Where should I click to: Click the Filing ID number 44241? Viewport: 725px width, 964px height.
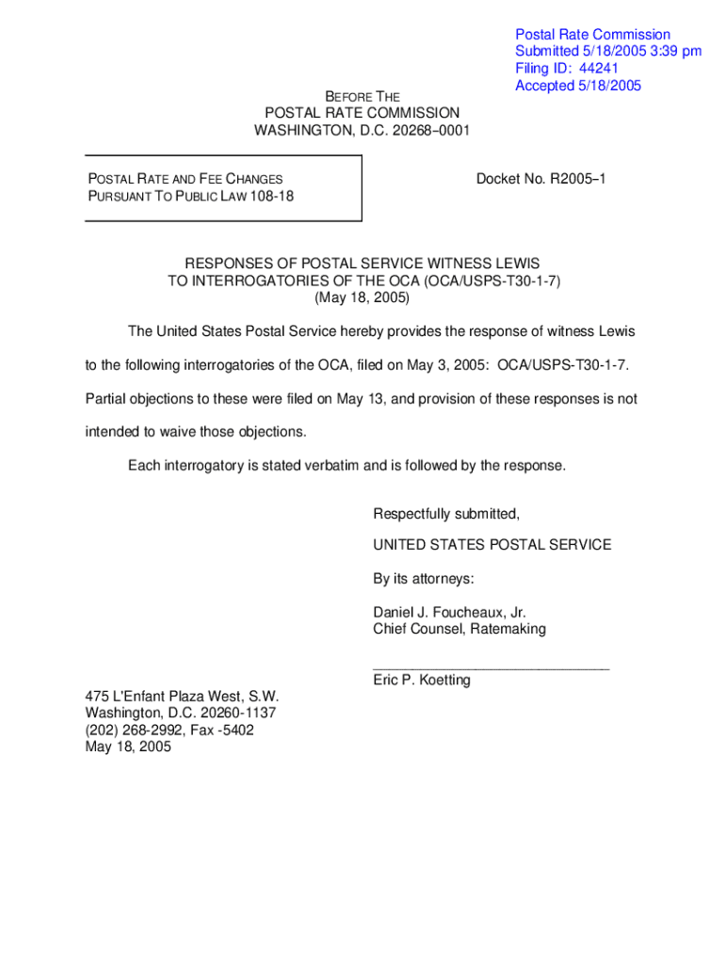pos(599,69)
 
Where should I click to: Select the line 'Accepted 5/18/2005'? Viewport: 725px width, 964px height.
pos(577,86)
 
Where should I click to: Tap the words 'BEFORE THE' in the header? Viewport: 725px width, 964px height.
pos(362,97)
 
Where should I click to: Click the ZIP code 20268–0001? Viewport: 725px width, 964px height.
pos(430,130)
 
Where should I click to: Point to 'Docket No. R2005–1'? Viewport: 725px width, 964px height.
pos(540,178)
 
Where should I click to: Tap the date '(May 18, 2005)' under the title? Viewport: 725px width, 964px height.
pos(362,297)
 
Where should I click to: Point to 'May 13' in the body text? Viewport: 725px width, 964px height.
pos(359,399)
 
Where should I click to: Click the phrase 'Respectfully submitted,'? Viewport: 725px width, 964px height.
pos(446,514)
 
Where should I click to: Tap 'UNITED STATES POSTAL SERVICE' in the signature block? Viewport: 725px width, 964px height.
pos(491,544)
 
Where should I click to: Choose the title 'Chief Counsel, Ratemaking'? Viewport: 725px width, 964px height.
pos(459,629)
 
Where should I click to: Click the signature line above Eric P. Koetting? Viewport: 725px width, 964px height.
pos(491,667)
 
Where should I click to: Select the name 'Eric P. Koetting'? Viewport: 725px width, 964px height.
pos(421,680)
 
